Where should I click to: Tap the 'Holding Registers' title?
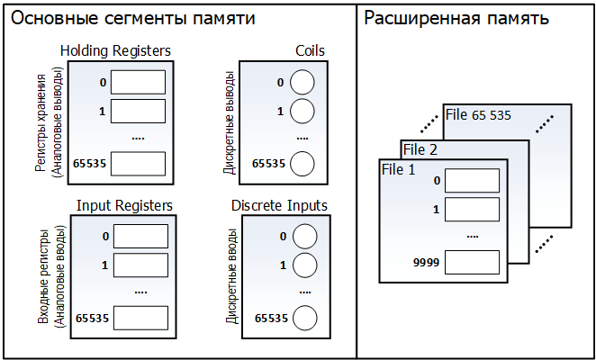pyautogui.click(x=115, y=51)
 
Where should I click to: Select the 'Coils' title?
pyautogui.click(x=310, y=51)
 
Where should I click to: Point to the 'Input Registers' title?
pyautogui.click(x=124, y=206)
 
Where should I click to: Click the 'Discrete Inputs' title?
pyautogui.click(x=279, y=206)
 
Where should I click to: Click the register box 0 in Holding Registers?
pyautogui.click(x=139, y=83)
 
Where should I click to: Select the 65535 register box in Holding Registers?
pyautogui.click(x=139, y=163)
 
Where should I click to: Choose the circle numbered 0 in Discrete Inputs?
pyautogui.click(x=305, y=237)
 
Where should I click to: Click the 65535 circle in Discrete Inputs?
pyautogui.click(x=305, y=318)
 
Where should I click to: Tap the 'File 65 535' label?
pyautogui.click(x=479, y=116)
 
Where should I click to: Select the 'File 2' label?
pyautogui.click(x=421, y=149)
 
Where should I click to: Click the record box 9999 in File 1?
pyautogui.click(x=473, y=263)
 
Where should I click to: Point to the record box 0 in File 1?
pyautogui.click(x=473, y=181)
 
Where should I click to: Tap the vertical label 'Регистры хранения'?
pyautogui.click(x=41, y=115)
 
